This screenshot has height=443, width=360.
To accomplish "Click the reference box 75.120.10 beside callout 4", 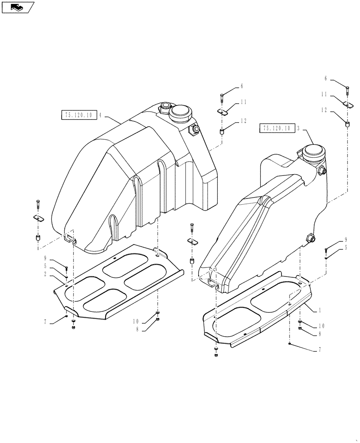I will point(78,115).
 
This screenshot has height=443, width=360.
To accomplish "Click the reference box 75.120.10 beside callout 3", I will point(276,128).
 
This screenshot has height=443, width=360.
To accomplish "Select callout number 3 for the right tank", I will point(298,128).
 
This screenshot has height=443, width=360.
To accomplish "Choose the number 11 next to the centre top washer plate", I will point(243,102).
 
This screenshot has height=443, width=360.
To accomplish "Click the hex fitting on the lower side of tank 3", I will point(310,238).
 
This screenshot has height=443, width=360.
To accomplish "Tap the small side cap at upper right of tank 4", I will point(194,129).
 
